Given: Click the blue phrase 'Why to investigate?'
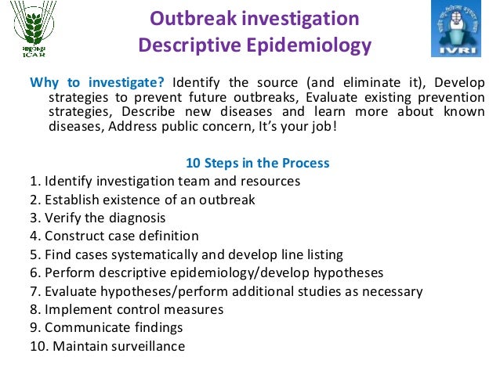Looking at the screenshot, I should click(98, 83).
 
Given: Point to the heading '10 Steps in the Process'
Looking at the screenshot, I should click(257, 164).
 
